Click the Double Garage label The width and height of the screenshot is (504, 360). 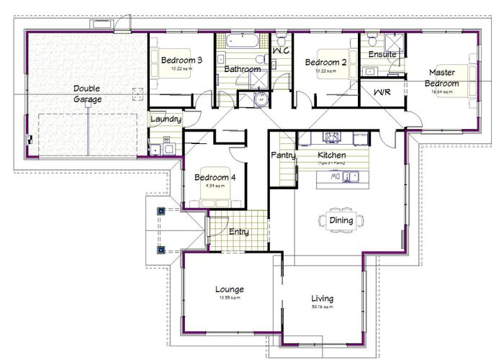86,94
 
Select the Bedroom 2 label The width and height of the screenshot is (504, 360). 325,63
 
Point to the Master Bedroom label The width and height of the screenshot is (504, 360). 444,78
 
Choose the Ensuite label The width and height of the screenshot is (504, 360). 381,55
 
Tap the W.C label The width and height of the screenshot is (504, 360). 281,51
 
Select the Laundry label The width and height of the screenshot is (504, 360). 165,119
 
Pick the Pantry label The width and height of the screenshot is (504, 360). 280,155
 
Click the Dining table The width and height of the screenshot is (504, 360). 341,220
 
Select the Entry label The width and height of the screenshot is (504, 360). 238,231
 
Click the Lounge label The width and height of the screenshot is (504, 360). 229,289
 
